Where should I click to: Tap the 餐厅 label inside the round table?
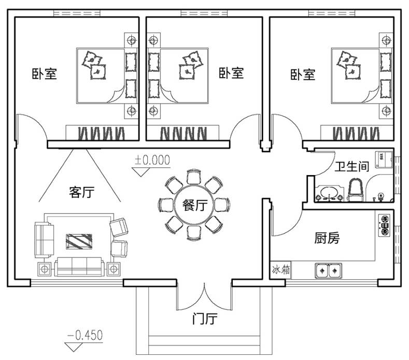[195, 205]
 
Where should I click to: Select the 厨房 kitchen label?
[328, 239]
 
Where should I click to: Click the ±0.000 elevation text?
[152, 160]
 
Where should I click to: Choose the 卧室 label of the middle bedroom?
[231, 73]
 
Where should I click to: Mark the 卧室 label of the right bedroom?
[302, 75]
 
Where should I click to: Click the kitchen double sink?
[328, 270]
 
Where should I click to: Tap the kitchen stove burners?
[385, 226]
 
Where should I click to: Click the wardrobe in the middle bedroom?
[184, 133]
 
